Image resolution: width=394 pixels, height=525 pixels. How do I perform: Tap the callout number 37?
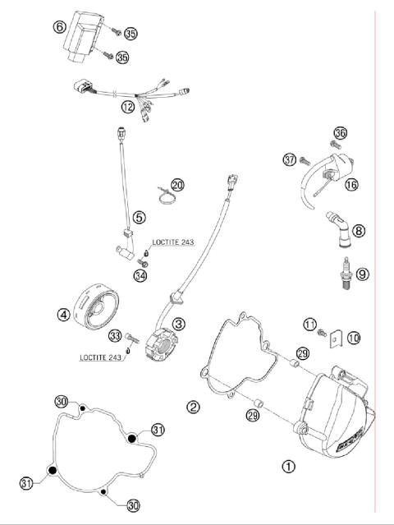tap(289, 159)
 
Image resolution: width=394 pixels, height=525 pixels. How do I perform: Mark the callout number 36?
tap(341, 132)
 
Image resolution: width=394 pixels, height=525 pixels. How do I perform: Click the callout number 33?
tap(114, 335)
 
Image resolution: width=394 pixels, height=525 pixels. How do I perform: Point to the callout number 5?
tap(140, 218)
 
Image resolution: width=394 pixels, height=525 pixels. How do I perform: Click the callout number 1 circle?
tap(288, 466)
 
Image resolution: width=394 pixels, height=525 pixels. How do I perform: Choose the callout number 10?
tap(355, 337)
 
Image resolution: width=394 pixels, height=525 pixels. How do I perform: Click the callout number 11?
tap(310, 325)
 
